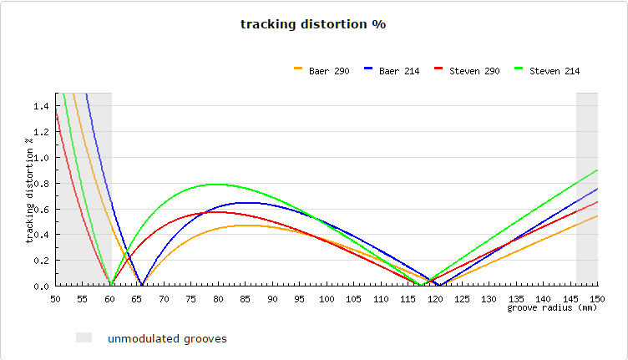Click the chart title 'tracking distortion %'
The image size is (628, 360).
312,24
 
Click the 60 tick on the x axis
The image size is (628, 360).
110,297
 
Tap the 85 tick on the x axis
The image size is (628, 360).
246,297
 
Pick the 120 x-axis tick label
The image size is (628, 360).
435,297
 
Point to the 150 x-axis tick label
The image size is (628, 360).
595,297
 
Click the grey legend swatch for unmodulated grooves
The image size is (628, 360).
84,337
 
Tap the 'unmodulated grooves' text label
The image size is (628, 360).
167,338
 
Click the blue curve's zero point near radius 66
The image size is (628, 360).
143,285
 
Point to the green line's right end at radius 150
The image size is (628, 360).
597,170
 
